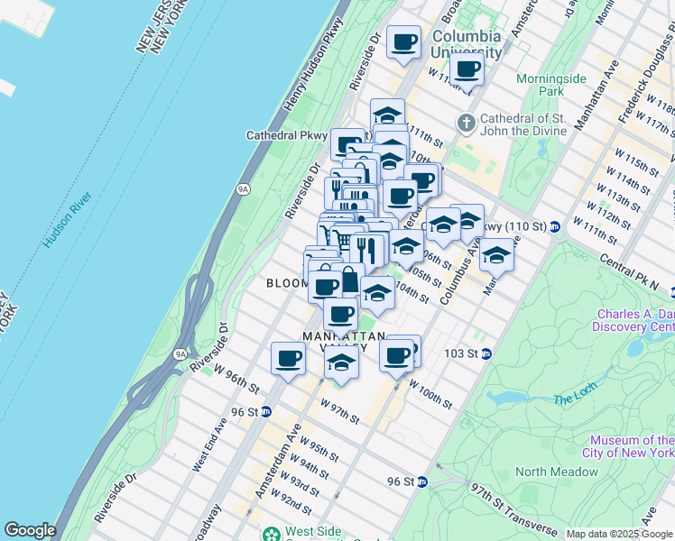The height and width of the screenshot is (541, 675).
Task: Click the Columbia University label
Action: pos(466,44)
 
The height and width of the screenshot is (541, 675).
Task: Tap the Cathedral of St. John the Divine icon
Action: pos(467,121)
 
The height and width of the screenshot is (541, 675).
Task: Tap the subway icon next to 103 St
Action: pos(485,353)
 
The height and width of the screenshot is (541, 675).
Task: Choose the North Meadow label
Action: pos(557,472)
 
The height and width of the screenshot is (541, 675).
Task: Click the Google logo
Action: pos(30,530)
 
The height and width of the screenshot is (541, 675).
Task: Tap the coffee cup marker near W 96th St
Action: pos(288,359)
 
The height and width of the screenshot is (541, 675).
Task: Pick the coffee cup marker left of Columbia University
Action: pos(403,41)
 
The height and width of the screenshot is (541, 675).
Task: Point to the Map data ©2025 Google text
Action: pos(618,534)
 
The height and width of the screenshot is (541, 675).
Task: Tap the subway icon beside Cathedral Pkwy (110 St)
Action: pos(556,226)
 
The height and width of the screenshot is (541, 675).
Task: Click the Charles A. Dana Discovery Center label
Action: pos(634,320)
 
